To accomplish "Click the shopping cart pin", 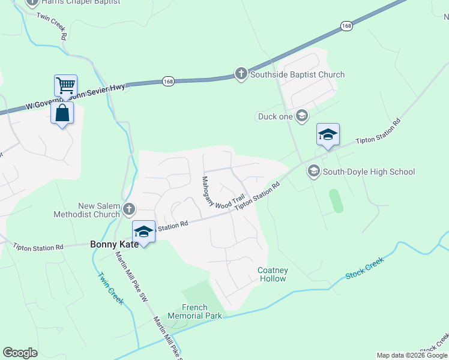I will [x=65, y=85].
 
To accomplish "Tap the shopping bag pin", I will [x=62, y=113].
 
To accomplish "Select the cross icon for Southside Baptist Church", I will [x=241, y=74].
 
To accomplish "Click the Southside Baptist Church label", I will [x=297, y=75].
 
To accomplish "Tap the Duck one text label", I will [x=275, y=116].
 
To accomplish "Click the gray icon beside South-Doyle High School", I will [x=313, y=172].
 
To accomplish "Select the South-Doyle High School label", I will [x=369, y=172].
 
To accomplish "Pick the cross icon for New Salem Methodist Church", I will [x=129, y=209].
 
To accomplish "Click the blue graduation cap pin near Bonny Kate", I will [x=144, y=232].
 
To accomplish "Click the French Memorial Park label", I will [x=194, y=311].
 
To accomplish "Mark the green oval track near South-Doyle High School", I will [x=337, y=200].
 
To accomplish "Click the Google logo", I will [x=20, y=353].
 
